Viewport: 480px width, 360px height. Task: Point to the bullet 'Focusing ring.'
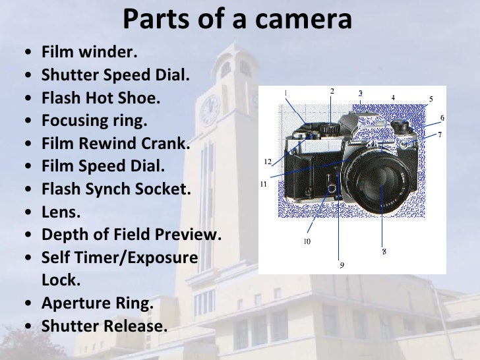pyautogui.click(x=94, y=122)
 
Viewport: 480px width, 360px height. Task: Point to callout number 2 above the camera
pyautogui.click(x=332, y=90)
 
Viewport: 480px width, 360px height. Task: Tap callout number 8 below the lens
pyautogui.click(x=384, y=251)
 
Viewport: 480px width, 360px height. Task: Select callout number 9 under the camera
pyautogui.click(x=342, y=265)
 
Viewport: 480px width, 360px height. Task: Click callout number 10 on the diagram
pyautogui.click(x=307, y=241)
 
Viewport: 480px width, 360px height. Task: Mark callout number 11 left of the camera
pyautogui.click(x=263, y=185)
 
